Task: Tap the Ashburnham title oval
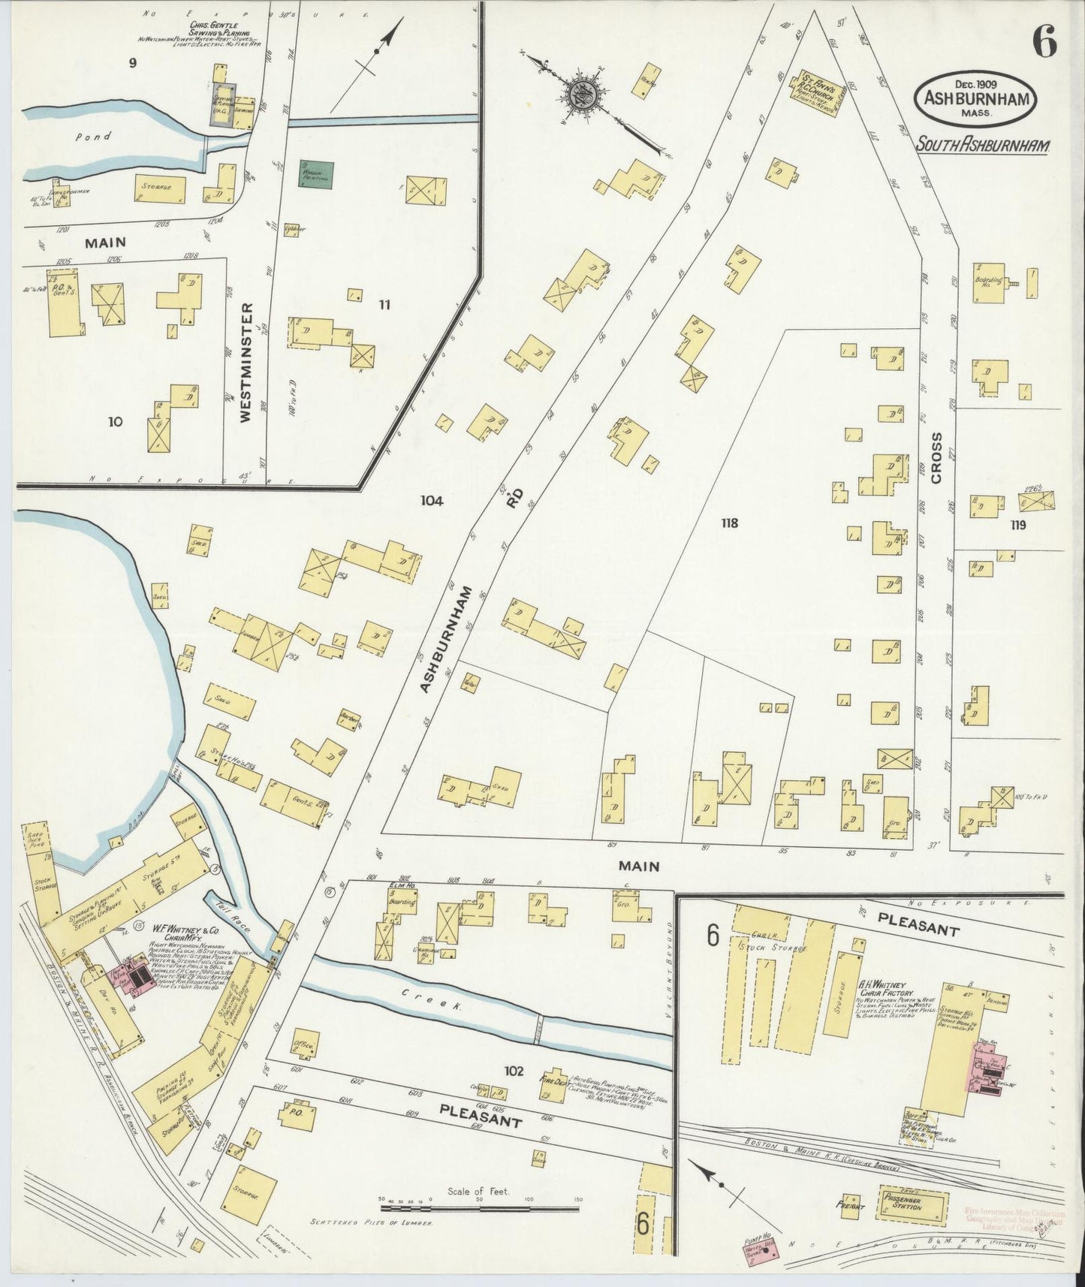[x=975, y=97]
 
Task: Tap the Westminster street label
[x=247, y=363]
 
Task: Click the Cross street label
[x=936, y=457]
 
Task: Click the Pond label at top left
[x=98, y=137]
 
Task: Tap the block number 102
[x=514, y=1070]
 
